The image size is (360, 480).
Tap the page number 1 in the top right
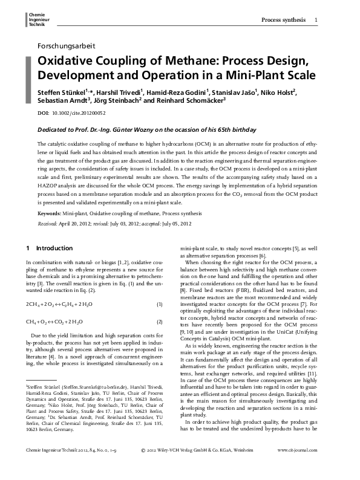(x=317, y=21)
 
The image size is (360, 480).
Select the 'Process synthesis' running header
(x=283, y=21)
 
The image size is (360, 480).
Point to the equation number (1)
(x=160, y=303)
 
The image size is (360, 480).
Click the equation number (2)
(x=160, y=322)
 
